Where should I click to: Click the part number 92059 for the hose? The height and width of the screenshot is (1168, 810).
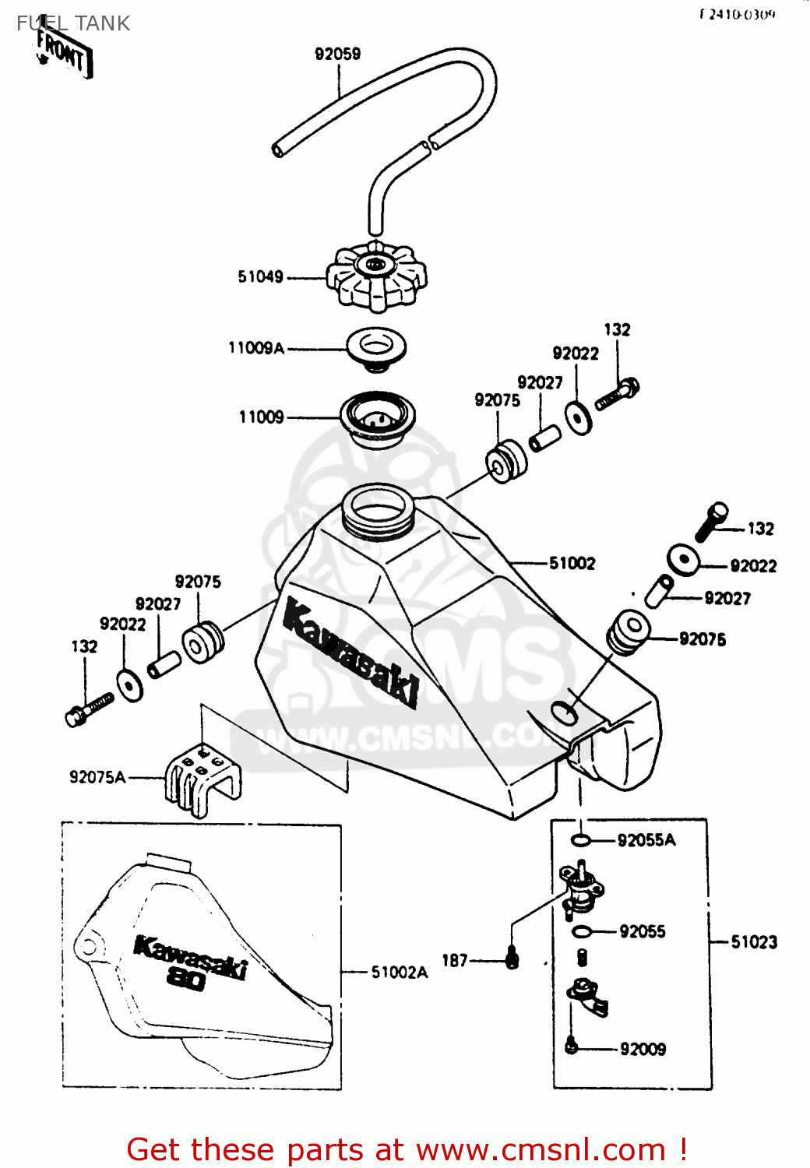(x=337, y=54)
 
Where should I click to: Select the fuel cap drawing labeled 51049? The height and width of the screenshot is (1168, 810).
(x=376, y=276)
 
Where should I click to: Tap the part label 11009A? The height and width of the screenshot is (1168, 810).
(x=256, y=348)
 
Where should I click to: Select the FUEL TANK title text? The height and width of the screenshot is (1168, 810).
(x=73, y=23)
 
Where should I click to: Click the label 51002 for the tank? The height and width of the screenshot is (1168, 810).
(x=572, y=563)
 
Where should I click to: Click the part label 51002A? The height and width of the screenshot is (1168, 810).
(x=399, y=972)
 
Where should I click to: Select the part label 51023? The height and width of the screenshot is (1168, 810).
(x=753, y=942)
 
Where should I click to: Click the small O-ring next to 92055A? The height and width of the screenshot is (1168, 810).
(x=580, y=839)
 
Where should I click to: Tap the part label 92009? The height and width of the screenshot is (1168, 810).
(x=643, y=1049)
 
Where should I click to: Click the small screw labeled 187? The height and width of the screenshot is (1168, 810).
(x=512, y=959)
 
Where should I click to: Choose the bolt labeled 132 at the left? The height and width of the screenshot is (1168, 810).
(x=89, y=708)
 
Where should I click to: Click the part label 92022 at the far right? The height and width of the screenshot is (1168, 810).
(x=752, y=566)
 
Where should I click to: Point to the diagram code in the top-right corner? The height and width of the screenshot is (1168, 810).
(x=737, y=14)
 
